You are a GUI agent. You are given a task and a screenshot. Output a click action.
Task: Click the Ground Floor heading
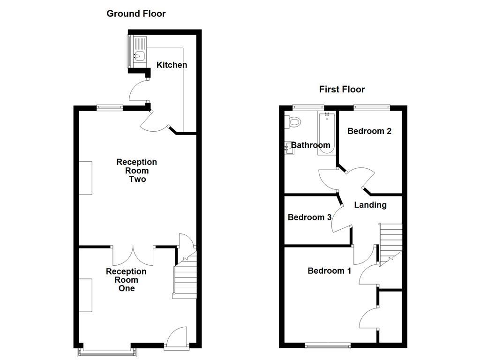(x=136, y=14)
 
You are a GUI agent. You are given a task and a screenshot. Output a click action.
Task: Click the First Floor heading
(x=342, y=89)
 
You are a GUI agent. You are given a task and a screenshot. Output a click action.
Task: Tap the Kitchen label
(x=172, y=65)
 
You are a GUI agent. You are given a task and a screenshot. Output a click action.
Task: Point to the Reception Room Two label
(x=137, y=171)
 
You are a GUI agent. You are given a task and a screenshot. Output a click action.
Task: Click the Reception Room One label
(x=126, y=280)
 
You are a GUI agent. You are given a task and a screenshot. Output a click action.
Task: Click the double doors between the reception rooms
(x=134, y=255)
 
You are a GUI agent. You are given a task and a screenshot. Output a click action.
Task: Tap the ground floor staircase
(x=185, y=277)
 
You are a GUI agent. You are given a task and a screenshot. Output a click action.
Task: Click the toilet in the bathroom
(x=294, y=122)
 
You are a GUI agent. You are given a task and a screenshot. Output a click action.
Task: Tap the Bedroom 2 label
(x=369, y=131)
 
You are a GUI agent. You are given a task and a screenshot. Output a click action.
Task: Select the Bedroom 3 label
(x=309, y=217)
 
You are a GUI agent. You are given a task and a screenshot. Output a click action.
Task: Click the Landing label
(x=370, y=205)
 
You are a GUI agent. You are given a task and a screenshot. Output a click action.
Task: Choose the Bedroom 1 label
(x=329, y=271)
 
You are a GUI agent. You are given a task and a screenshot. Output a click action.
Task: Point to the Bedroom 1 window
(x=328, y=346)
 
